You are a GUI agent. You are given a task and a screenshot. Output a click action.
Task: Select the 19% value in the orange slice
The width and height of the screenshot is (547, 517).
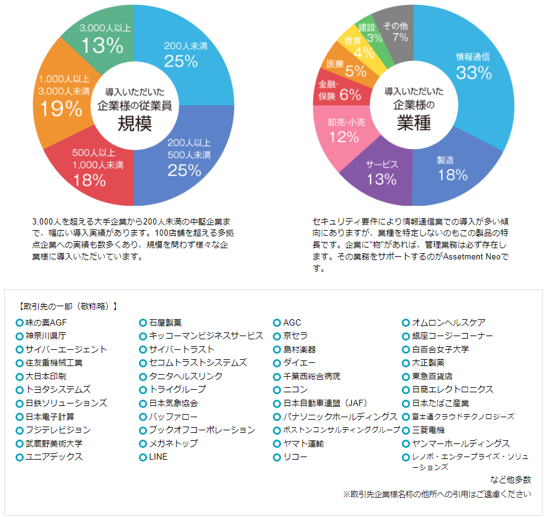point(61,109)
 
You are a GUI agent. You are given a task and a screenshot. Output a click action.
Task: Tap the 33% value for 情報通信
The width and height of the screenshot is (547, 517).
point(473,72)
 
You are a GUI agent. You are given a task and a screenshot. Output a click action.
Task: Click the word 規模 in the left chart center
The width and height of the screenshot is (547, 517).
point(135,123)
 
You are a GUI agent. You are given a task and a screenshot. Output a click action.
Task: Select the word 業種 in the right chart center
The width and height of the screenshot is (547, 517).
point(414,123)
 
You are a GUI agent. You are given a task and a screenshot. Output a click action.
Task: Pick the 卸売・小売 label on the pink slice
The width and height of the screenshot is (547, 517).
point(347,123)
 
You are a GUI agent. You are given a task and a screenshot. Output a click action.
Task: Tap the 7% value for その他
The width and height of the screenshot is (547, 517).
point(401,37)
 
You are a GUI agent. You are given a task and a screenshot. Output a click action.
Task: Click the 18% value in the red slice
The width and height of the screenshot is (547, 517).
point(90,180)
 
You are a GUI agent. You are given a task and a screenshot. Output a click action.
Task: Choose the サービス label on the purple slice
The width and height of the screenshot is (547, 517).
point(382,164)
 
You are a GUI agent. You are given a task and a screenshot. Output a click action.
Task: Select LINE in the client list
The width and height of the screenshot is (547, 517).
point(158,457)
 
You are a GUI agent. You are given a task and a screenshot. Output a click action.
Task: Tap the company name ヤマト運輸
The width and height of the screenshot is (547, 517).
point(303,443)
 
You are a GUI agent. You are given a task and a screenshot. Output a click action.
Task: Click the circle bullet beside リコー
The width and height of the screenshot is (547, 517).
point(277,457)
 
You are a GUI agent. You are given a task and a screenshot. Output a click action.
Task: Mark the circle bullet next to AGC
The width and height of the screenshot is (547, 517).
point(277,323)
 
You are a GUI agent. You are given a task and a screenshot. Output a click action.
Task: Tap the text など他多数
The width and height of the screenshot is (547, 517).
point(511,479)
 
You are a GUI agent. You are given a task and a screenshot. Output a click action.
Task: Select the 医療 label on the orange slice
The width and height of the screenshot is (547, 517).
point(335,64)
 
